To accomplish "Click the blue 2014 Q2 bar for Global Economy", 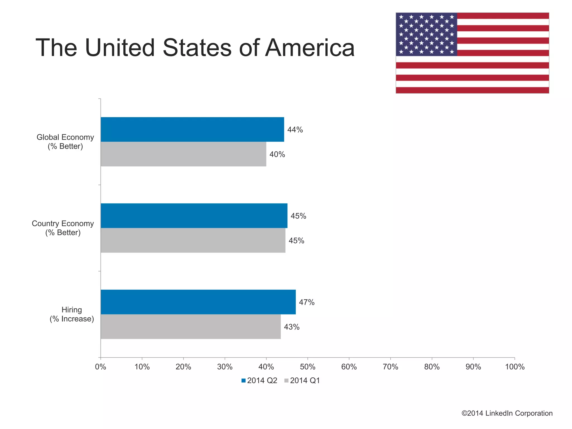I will click(x=192, y=130).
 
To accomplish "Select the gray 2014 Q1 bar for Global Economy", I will click(x=183, y=154).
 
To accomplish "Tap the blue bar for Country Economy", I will click(x=194, y=216).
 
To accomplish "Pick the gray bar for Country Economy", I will click(x=193, y=240).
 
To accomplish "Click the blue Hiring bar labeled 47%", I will click(x=198, y=302).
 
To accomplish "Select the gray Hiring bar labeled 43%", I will click(x=190, y=327).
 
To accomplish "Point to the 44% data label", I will click(x=295, y=130).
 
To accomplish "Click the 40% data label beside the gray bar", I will click(x=277, y=154).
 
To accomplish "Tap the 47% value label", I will click(x=307, y=302).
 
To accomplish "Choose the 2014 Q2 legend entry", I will click(x=259, y=381).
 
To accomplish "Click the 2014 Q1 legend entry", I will click(x=302, y=381).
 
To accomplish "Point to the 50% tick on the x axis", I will click(x=308, y=367).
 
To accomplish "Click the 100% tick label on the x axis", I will click(x=514, y=367).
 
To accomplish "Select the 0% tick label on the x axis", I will click(x=101, y=367).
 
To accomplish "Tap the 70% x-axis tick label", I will click(x=390, y=367).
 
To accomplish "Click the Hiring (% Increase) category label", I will click(x=72, y=314).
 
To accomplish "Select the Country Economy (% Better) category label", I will click(x=63, y=228).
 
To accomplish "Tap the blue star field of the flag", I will click(x=426, y=34).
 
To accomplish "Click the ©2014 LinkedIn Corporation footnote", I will click(x=507, y=413).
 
